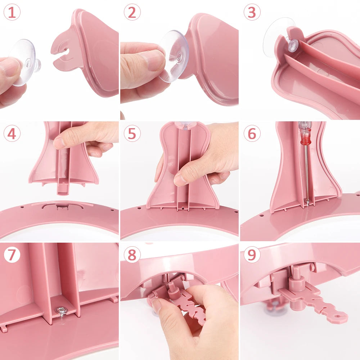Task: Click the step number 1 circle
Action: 12,12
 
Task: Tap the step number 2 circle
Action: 132,12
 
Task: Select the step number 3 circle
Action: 252,12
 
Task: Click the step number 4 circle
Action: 12,134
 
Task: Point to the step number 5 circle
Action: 132,134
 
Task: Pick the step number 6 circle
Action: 252,134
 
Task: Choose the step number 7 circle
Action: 12,254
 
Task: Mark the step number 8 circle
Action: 132,254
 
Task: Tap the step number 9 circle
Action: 252,254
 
